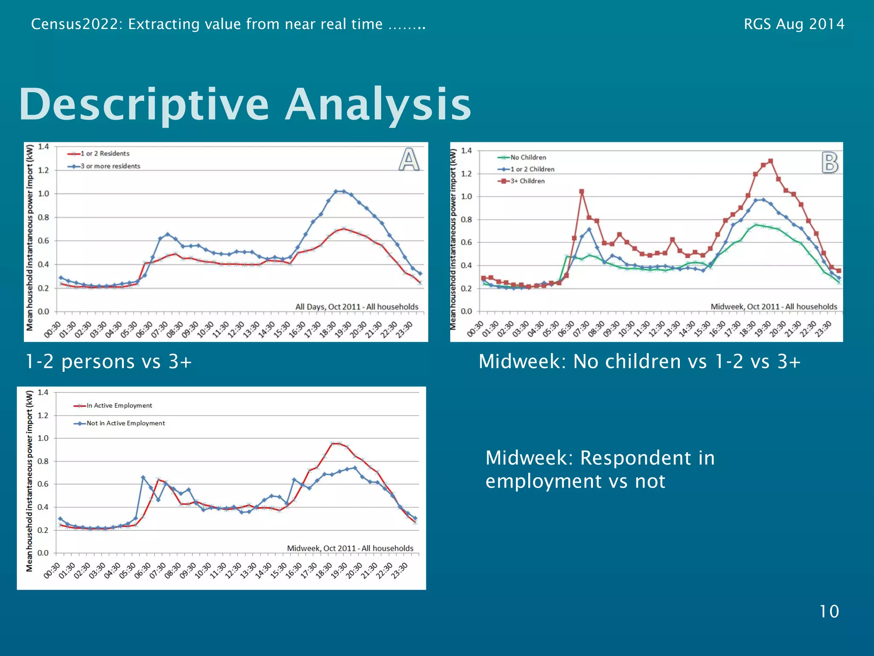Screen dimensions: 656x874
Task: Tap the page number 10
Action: [829, 612]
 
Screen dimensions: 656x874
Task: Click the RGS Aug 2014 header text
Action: [794, 24]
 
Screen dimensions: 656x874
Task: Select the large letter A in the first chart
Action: [409, 160]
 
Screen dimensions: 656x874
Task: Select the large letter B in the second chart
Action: [830, 163]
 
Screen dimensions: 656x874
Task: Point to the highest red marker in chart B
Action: [770, 161]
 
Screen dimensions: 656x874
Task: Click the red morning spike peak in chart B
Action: [581, 192]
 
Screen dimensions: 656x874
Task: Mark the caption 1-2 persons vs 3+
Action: [108, 362]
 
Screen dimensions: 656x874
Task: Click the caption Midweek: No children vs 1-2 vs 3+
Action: [639, 362]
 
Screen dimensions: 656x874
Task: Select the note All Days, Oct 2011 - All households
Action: [357, 307]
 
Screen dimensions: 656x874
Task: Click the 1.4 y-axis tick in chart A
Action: [44, 146]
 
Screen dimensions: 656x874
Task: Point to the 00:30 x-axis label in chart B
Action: [475, 329]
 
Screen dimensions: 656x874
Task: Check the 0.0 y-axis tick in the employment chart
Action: [43, 553]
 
